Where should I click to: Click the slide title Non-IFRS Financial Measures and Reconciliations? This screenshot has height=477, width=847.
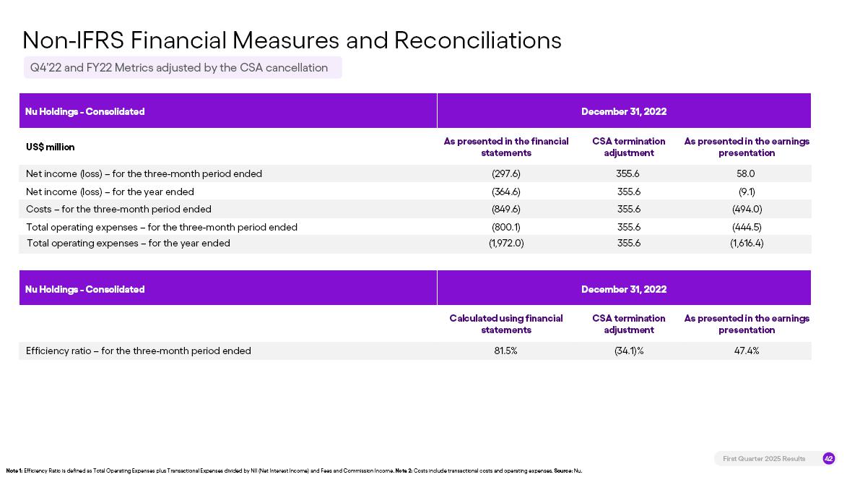tap(292, 40)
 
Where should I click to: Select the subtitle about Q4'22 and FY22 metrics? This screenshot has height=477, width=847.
tap(179, 68)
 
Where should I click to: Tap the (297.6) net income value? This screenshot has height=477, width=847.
tap(506, 174)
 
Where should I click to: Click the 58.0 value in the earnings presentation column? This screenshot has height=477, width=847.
tap(746, 174)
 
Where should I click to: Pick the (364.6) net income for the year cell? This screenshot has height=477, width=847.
tap(506, 192)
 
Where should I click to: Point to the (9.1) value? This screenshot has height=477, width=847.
tap(747, 192)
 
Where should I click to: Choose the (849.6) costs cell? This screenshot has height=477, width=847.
tap(506, 210)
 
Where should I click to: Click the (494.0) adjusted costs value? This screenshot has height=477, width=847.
tap(747, 210)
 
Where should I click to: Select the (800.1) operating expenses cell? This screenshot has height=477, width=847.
tap(506, 228)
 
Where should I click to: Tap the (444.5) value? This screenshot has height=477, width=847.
tap(747, 228)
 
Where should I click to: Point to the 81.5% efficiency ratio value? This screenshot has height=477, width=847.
tap(505, 351)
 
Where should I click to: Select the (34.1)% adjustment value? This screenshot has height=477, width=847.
tap(629, 351)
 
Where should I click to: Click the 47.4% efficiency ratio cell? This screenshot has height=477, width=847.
tap(747, 351)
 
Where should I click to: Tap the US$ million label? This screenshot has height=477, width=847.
tap(51, 147)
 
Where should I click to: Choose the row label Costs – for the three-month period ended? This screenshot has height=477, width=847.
tap(118, 210)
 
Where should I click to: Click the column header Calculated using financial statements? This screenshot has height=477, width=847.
tap(506, 325)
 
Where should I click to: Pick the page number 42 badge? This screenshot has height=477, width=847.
tap(828, 459)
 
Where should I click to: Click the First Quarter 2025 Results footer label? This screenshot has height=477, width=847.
tap(764, 459)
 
